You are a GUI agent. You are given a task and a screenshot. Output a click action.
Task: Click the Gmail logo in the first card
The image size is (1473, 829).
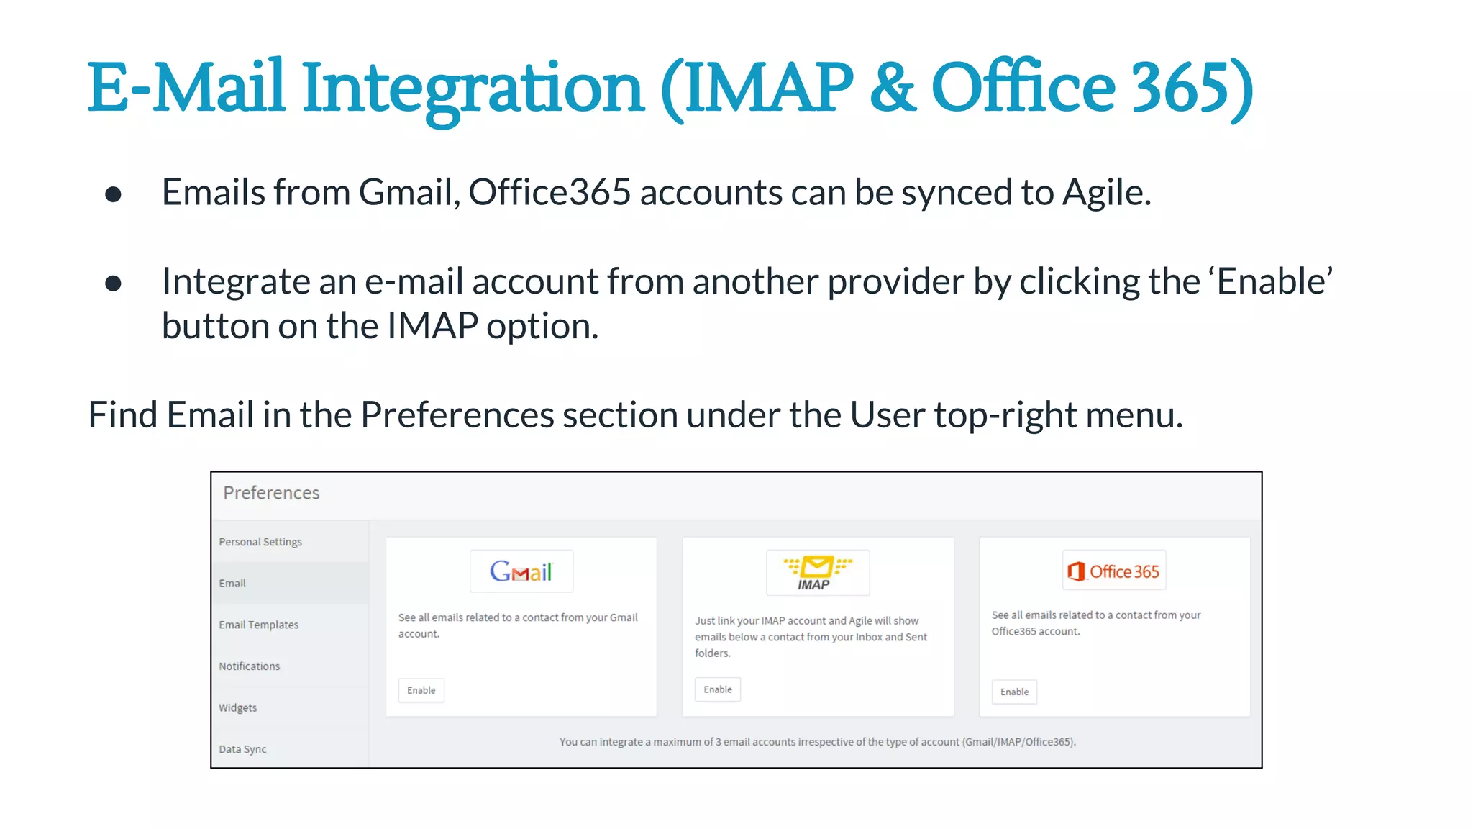pyautogui.click(x=521, y=571)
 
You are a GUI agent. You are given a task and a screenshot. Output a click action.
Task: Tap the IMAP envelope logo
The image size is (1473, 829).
pyautogui.click(x=818, y=573)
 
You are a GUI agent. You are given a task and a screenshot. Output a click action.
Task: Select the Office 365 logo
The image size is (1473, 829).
pyautogui.click(x=1114, y=571)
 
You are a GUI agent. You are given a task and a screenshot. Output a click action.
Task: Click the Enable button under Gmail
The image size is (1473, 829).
pyautogui.click(x=421, y=690)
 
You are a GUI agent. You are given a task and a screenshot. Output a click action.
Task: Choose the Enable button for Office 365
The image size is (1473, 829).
pyautogui.click(x=1014, y=692)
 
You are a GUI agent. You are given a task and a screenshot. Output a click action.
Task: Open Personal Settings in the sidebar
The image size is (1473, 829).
pyautogui.click(x=260, y=542)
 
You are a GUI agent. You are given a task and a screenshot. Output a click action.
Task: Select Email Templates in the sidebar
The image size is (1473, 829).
pyautogui.click(x=259, y=625)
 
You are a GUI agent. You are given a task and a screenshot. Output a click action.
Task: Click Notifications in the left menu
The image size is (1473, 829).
pyautogui.click(x=250, y=666)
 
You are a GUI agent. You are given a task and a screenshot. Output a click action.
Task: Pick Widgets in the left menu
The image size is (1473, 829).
pyautogui.click(x=238, y=707)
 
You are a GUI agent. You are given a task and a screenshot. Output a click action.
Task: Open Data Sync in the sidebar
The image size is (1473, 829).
pyautogui.click(x=242, y=749)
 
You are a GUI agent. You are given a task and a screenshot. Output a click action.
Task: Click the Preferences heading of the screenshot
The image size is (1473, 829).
pyautogui.click(x=271, y=493)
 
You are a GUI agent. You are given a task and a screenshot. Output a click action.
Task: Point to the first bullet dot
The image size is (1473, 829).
pyautogui.click(x=113, y=194)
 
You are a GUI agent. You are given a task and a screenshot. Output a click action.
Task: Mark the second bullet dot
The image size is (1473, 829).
pyautogui.click(x=113, y=283)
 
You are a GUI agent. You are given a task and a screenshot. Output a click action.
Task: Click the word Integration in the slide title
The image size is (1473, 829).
pyautogui.click(x=472, y=89)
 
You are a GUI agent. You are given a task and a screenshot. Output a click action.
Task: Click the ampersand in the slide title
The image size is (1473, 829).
pyautogui.click(x=893, y=88)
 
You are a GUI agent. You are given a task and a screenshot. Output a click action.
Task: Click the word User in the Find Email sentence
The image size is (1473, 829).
pyautogui.click(x=888, y=415)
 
